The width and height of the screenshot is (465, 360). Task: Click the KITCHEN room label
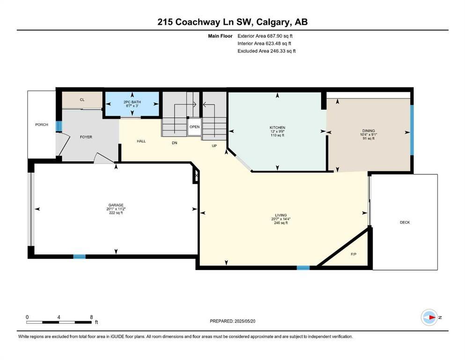(x=277, y=127)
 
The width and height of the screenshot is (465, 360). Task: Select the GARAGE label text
(x=116, y=205)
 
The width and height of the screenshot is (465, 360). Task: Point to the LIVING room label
(x=281, y=215)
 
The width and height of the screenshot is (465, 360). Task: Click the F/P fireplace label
(x=354, y=254)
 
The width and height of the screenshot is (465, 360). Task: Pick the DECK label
(x=405, y=222)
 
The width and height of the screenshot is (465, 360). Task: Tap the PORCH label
(x=42, y=124)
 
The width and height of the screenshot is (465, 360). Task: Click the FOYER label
(x=86, y=137)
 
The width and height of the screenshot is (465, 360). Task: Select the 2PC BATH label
(x=132, y=102)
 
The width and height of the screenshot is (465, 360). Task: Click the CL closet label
(x=82, y=99)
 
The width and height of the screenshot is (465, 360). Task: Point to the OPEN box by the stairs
(x=194, y=127)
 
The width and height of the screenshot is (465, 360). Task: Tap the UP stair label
(x=214, y=146)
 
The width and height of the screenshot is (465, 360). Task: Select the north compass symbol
(x=429, y=317)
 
